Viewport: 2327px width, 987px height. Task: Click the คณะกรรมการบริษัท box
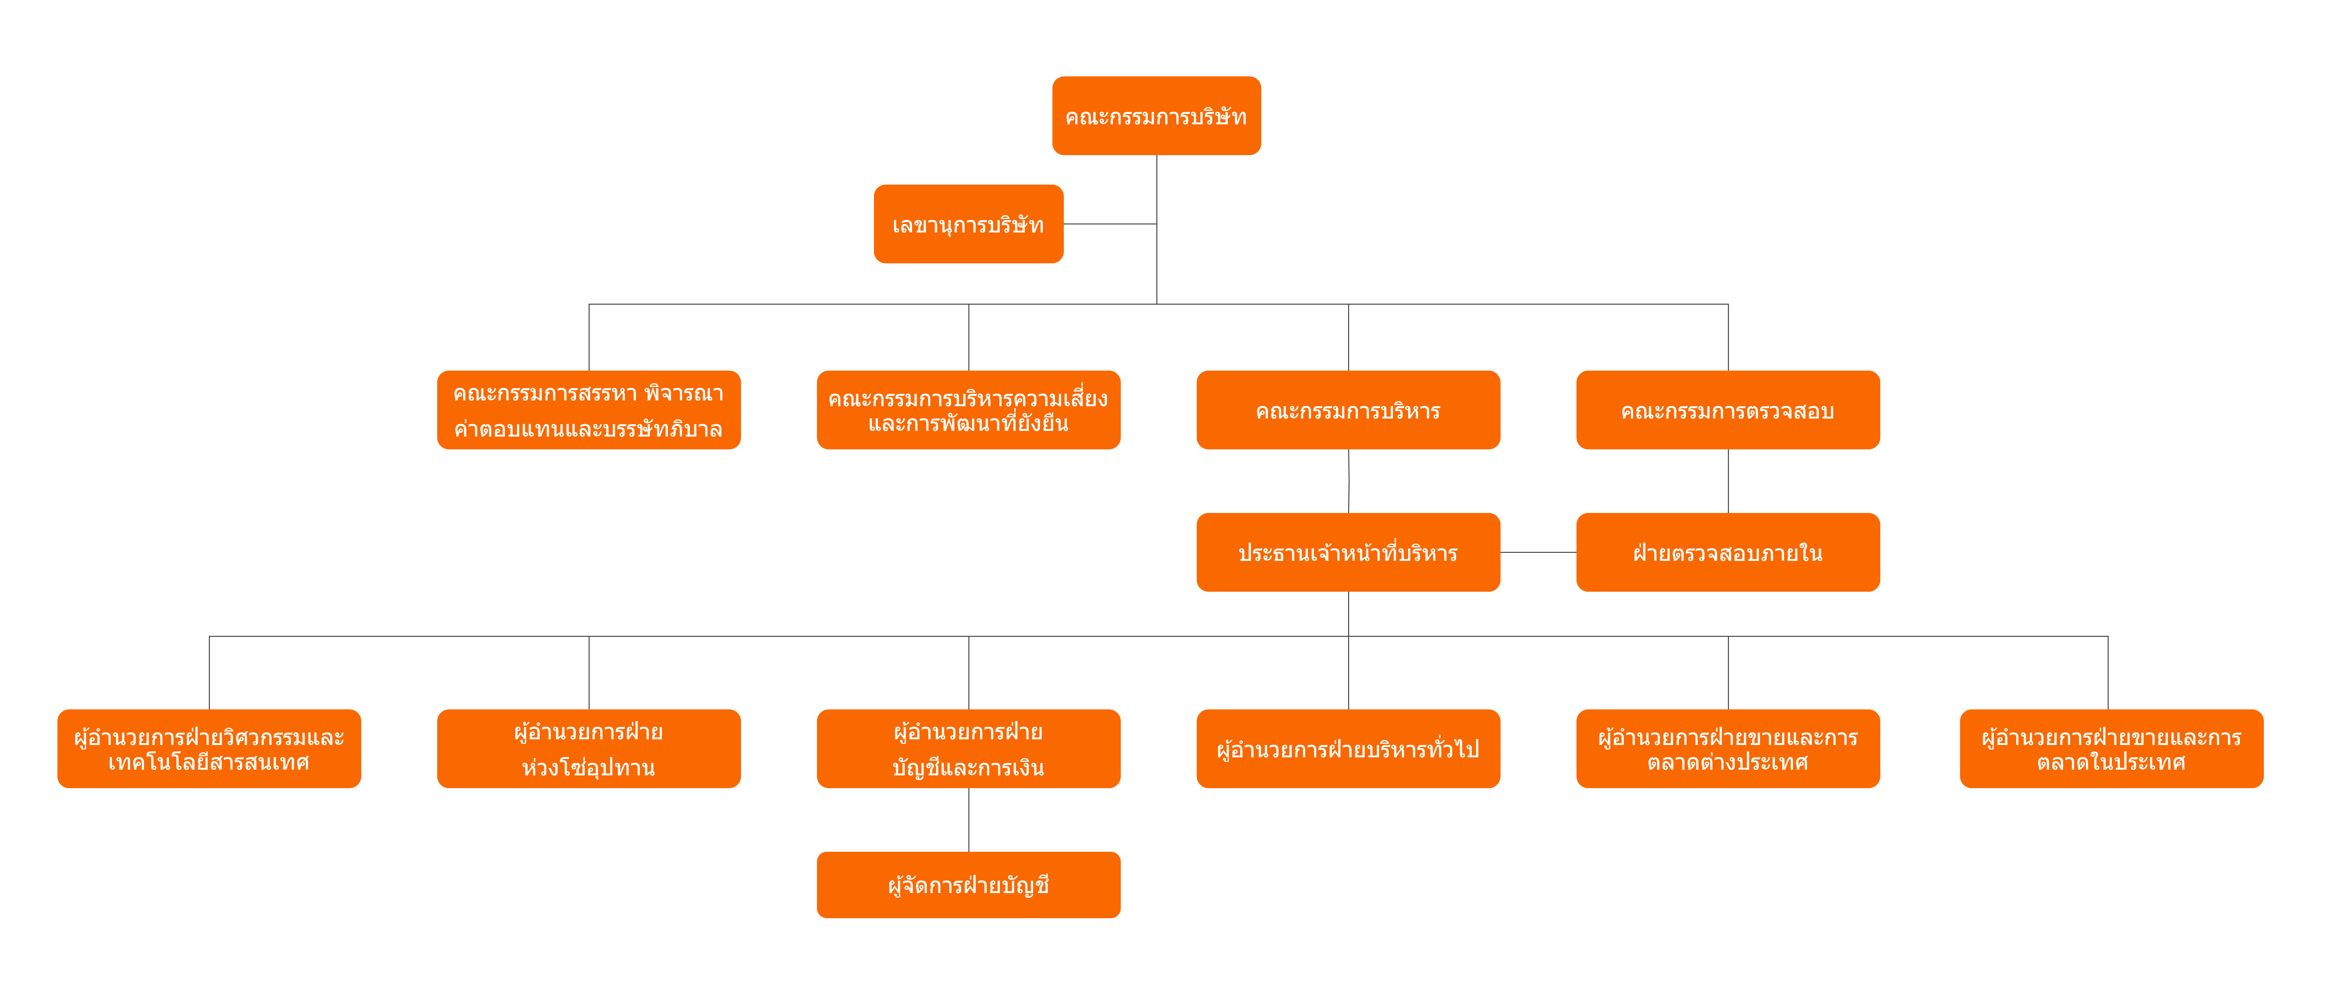1156,116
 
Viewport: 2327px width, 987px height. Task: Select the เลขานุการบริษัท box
968,224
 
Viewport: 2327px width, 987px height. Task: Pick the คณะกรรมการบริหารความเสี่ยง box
968,410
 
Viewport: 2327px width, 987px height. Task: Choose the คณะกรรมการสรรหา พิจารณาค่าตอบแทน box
589,410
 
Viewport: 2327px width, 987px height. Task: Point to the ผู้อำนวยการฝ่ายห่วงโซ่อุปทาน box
589,749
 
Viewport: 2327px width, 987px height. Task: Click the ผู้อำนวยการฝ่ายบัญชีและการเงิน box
968,749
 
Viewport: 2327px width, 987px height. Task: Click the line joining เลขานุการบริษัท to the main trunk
1110,224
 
